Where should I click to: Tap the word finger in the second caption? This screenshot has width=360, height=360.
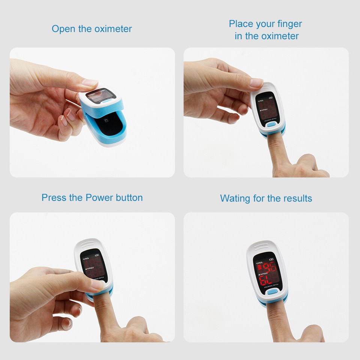289,24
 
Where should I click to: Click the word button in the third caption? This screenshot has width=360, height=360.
129,198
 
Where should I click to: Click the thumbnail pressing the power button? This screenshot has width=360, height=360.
98,285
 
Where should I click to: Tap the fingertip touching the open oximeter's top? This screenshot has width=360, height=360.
90,82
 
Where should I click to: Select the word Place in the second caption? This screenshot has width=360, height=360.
241,24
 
